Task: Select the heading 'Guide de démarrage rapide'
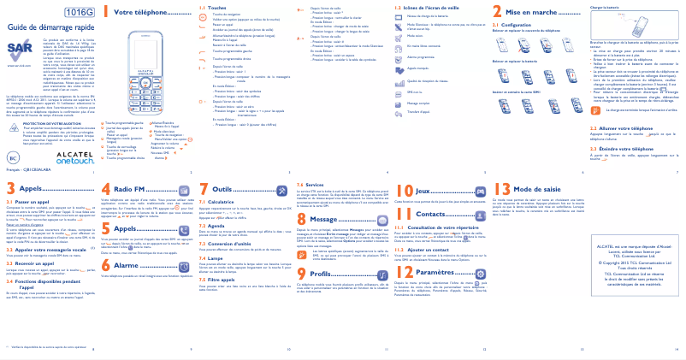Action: click(x=51, y=27)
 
